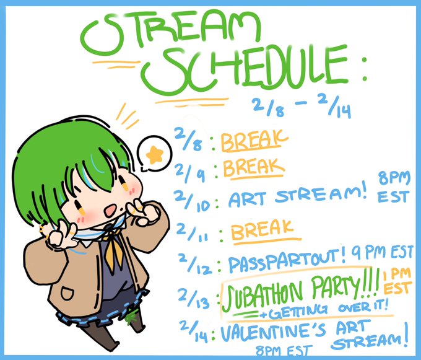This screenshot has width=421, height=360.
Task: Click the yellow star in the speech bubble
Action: point(154,155)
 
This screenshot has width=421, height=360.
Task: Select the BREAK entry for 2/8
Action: point(254,141)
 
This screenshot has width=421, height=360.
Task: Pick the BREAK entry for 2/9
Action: point(253,168)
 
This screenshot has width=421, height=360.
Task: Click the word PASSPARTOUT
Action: point(285,260)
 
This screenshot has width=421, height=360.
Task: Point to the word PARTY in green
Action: point(337,285)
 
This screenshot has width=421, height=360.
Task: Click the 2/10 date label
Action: point(194,201)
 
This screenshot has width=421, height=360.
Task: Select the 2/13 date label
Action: point(194,298)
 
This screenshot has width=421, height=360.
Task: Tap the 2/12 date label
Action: point(194,265)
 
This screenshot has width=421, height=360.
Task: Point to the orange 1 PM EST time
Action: point(397,281)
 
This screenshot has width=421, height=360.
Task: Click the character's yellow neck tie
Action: point(113,250)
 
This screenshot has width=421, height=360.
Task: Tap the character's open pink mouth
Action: point(111,209)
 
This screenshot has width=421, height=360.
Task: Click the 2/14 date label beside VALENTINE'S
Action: point(194,331)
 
